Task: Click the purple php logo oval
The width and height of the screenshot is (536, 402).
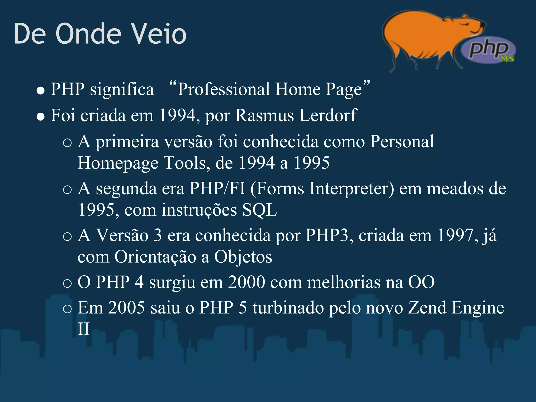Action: [488, 50]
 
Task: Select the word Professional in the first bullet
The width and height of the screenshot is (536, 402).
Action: [224, 89]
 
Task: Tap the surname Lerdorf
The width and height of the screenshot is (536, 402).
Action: [328, 115]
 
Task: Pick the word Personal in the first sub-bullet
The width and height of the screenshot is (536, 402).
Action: [402, 142]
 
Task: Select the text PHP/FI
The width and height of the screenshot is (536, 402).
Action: [217, 188]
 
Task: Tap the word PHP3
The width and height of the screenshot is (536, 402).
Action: [327, 235]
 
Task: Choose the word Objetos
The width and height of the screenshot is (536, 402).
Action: [243, 257]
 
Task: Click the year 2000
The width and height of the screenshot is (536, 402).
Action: [246, 282]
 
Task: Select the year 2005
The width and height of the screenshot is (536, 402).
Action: [127, 308]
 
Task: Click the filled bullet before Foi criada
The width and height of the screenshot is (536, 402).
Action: [41, 117]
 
